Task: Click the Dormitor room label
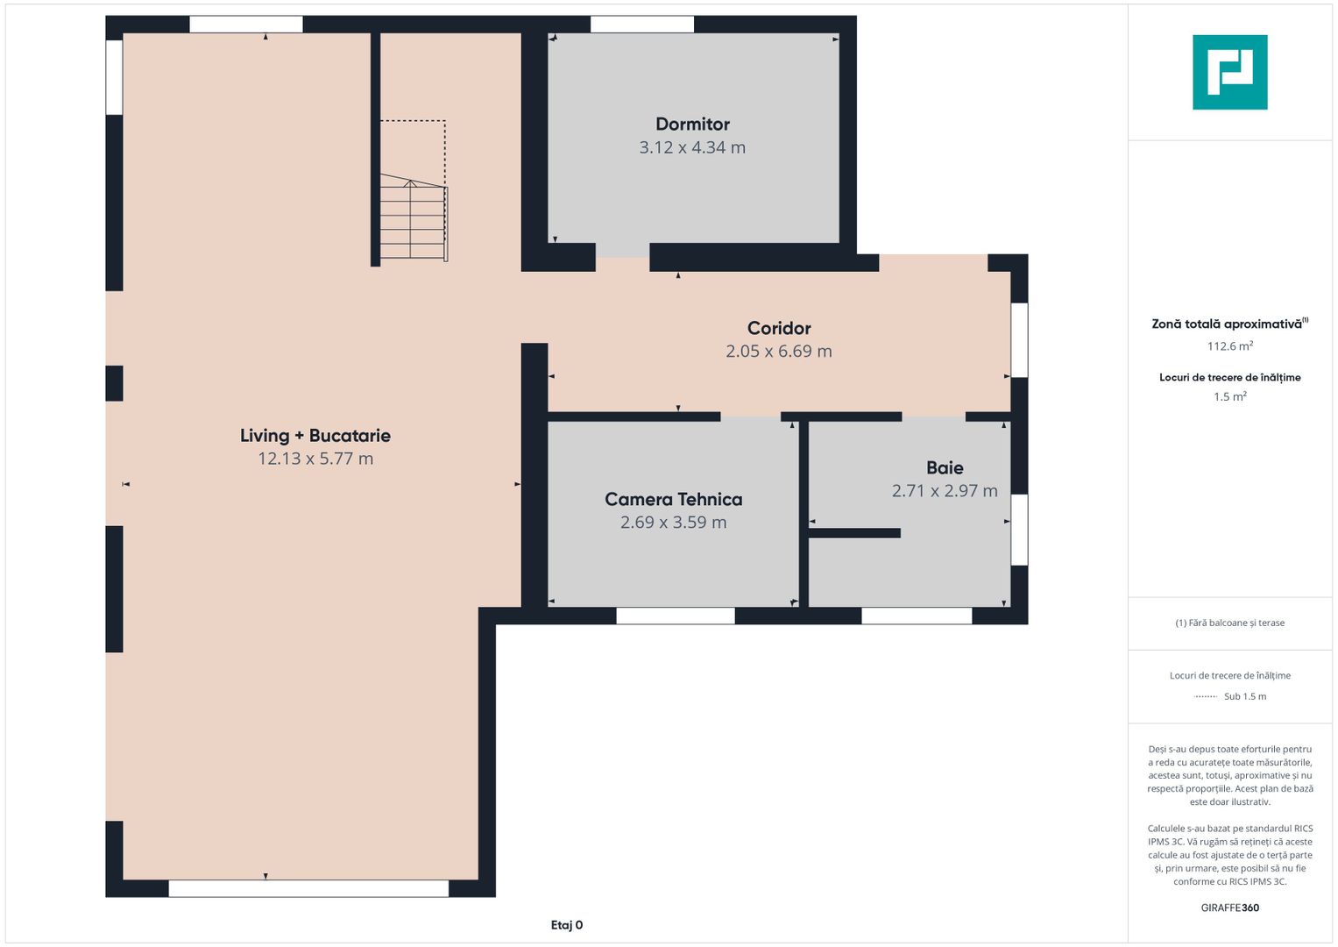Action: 692,124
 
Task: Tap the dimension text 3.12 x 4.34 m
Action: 692,147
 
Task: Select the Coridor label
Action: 779,328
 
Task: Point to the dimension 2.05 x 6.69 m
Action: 779,351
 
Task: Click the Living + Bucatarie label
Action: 315,435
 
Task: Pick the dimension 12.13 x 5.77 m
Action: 315,459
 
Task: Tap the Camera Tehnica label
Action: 673,499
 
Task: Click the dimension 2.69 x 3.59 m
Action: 673,522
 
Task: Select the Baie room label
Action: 945,467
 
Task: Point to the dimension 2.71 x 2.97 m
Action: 945,490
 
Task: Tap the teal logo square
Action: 1230,72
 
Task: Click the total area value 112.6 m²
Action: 1230,346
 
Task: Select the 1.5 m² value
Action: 1230,396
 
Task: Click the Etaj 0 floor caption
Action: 566,925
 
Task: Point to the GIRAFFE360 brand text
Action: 1230,908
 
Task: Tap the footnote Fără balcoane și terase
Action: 1230,623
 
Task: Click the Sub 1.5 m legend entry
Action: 1245,696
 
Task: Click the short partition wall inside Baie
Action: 855,533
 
